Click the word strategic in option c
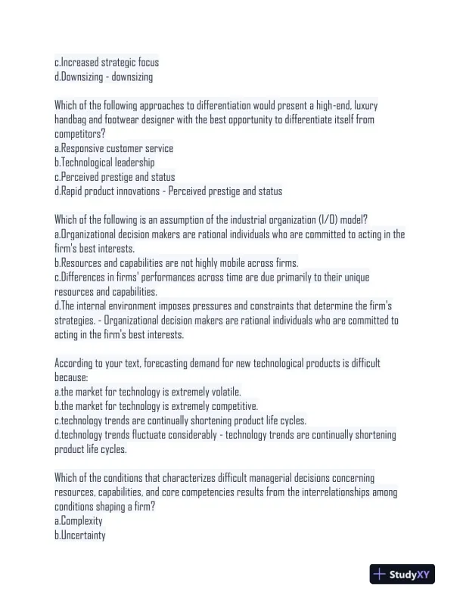115,62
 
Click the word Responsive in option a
85,148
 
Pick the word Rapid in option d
72,191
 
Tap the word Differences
86,278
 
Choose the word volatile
220,393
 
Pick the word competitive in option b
231,407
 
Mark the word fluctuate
155,436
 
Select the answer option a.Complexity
79,522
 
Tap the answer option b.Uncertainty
80,536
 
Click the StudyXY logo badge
402,575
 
